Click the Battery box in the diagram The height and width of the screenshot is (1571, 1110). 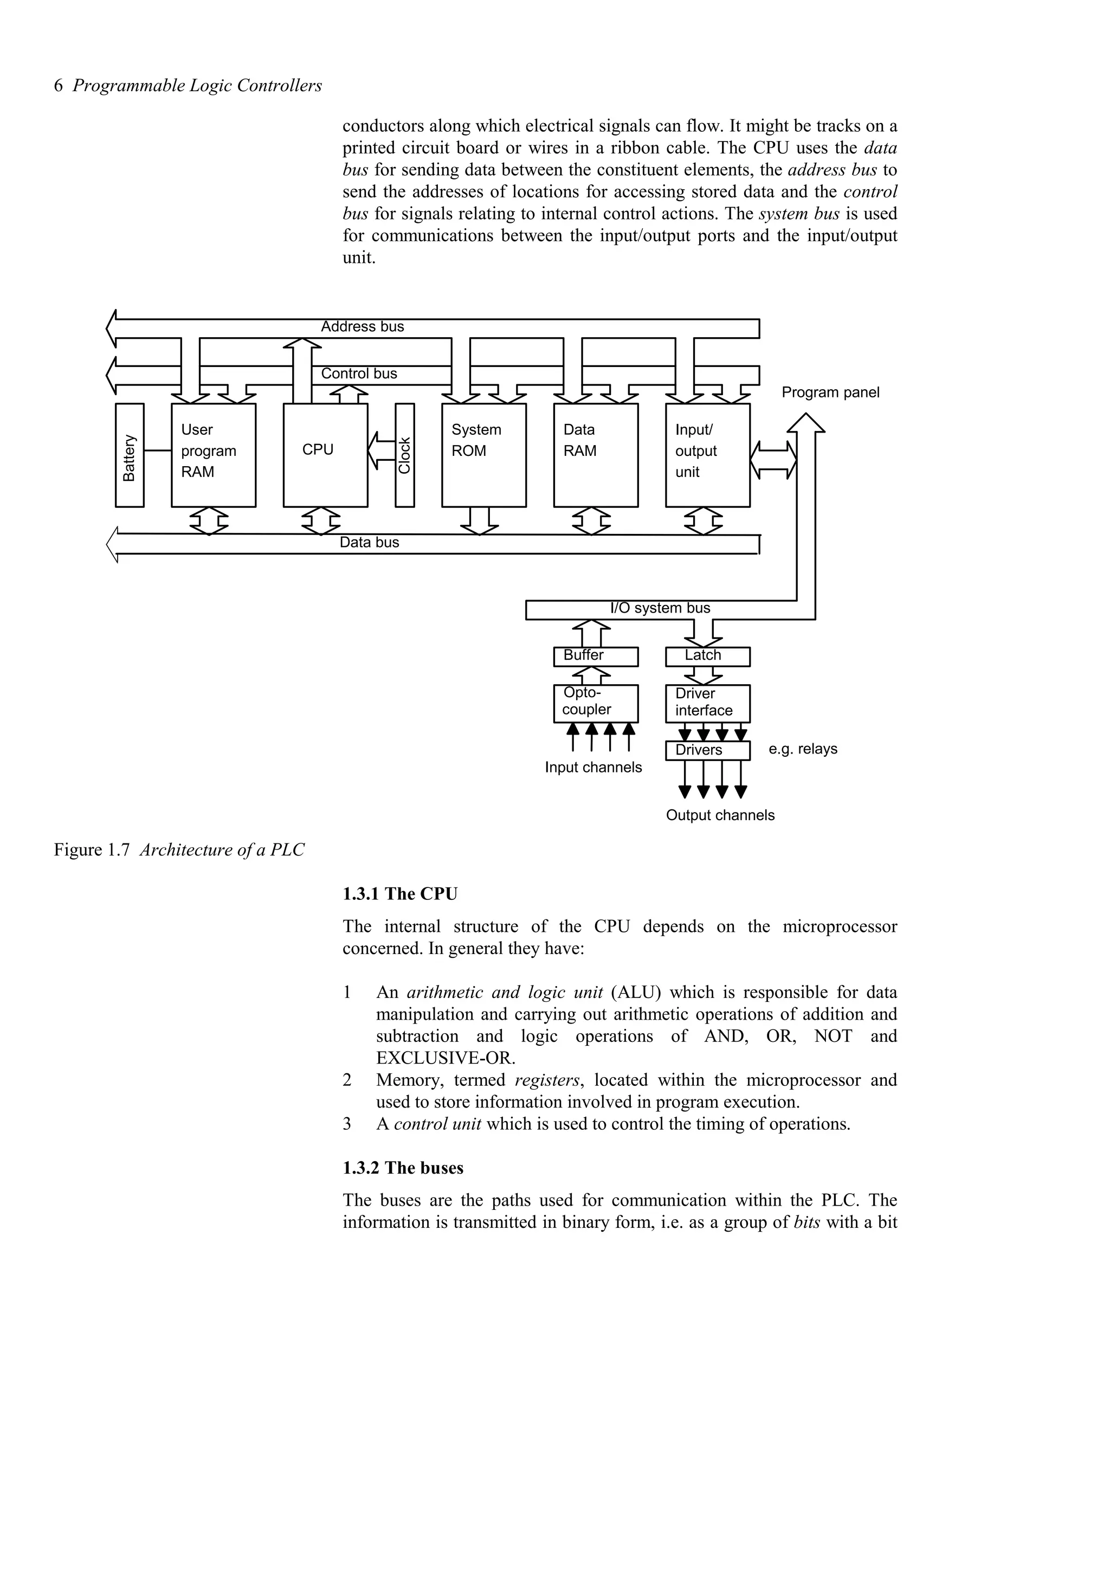click(129, 455)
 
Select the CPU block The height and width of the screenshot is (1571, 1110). click(325, 455)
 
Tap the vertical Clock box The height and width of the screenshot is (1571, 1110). click(404, 455)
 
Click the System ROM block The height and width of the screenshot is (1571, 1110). click(483, 455)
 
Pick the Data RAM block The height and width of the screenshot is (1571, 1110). click(595, 455)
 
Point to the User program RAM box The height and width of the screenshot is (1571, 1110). click(214, 455)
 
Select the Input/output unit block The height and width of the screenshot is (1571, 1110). click(707, 455)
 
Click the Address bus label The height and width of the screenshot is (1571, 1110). click(363, 327)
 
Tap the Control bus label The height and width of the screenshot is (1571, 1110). click(359, 374)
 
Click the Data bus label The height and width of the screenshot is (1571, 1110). click(369, 543)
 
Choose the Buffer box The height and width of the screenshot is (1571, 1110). click(595, 656)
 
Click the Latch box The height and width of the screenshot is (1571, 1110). click(707, 656)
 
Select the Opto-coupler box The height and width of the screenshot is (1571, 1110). click(595, 703)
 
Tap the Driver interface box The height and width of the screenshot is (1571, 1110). click(707, 703)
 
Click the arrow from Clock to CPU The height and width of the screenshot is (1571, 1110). click(381, 450)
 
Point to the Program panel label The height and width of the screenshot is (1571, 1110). click(830, 392)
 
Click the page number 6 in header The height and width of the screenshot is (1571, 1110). click(58, 86)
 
